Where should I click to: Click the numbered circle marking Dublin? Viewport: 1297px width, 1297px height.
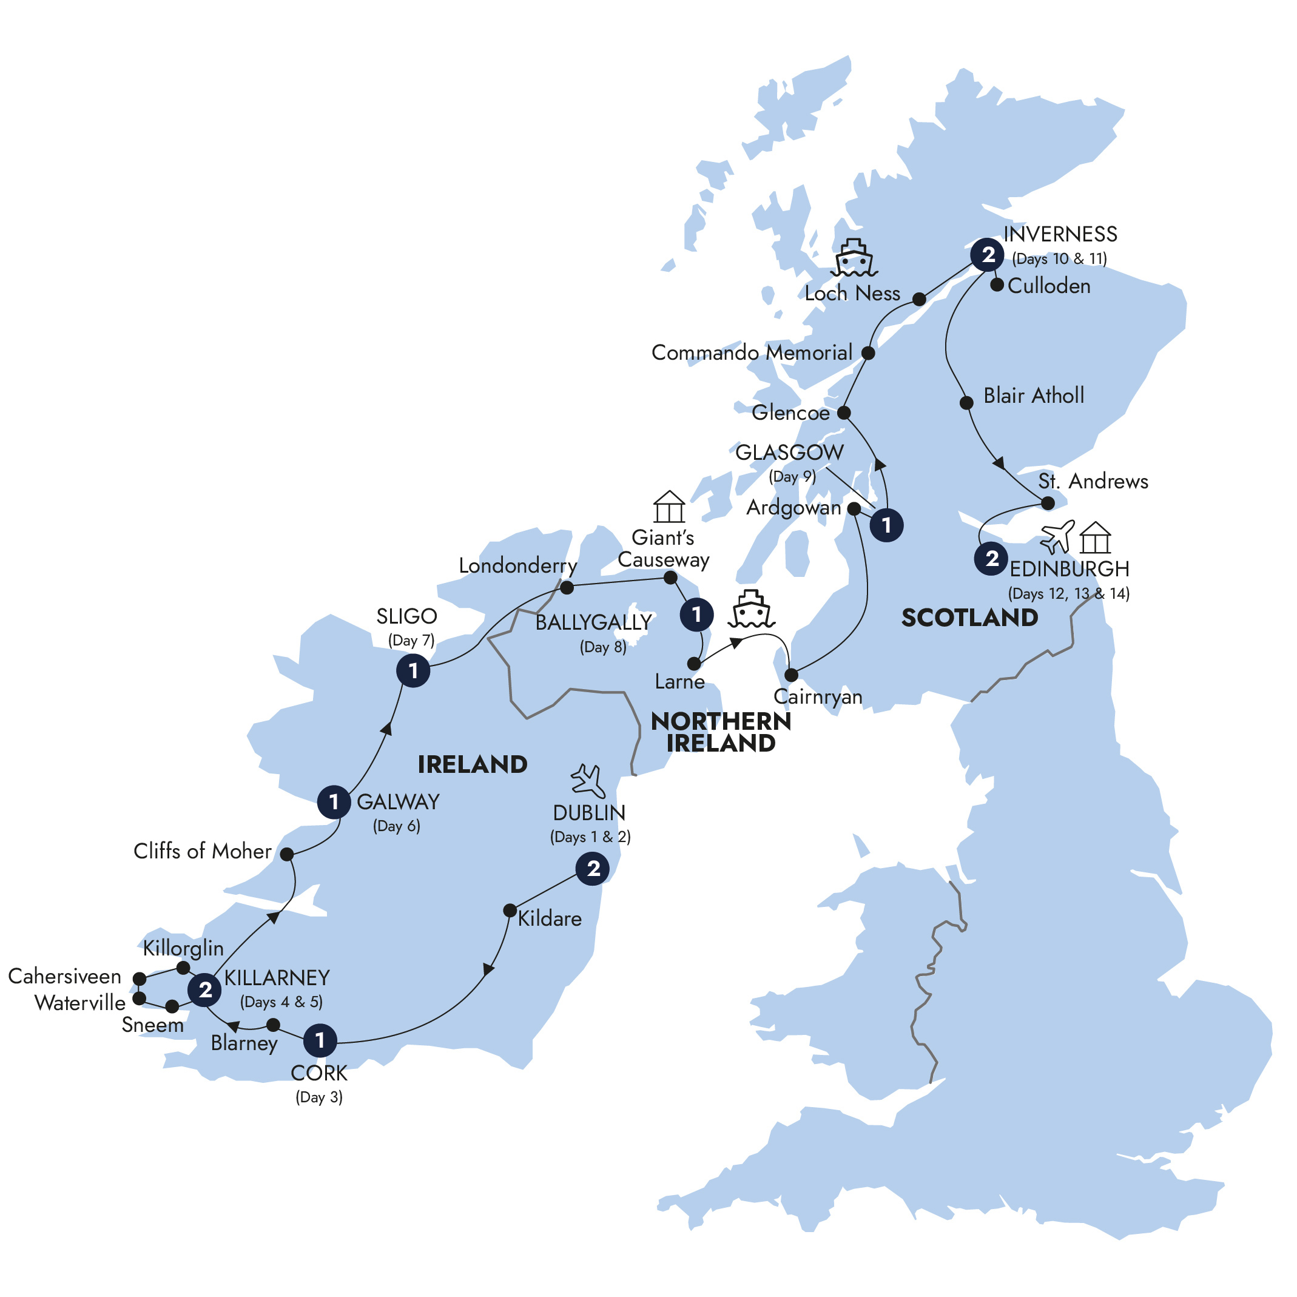click(x=593, y=869)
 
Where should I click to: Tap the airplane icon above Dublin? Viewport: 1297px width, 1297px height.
click(x=588, y=781)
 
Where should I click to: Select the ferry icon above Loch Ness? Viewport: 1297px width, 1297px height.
click(x=854, y=258)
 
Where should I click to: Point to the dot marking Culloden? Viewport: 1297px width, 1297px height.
click(x=997, y=285)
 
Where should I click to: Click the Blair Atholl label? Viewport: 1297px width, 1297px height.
click(x=1033, y=396)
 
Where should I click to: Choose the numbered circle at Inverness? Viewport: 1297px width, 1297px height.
click(x=988, y=255)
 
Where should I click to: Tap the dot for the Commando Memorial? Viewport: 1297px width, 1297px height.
click(x=868, y=353)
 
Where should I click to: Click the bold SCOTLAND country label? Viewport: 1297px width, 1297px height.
click(x=969, y=618)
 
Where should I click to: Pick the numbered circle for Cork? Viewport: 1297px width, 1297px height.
click(x=320, y=1040)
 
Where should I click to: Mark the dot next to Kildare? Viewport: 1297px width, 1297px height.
click(x=510, y=911)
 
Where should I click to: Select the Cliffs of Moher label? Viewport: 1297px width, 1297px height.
click(x=202, y=851)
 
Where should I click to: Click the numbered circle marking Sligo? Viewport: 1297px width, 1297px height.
click(x=413, y=671)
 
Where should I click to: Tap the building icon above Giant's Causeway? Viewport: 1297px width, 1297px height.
click(x=669, y=507)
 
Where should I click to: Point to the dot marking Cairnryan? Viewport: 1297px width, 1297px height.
click(x=792, y=675)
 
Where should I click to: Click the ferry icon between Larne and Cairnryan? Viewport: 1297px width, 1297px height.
click(x=752, y=609)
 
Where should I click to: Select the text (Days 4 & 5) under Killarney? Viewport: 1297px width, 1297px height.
click(x=281, y=1002)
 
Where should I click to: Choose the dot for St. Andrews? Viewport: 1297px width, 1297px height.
click(x=1047, y=503)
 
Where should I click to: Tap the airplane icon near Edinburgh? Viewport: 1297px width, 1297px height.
click(x=1057, y=536)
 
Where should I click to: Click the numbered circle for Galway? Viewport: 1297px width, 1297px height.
click(x=334, y=801)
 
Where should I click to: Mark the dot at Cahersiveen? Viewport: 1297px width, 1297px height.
click(x=140, y=979)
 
